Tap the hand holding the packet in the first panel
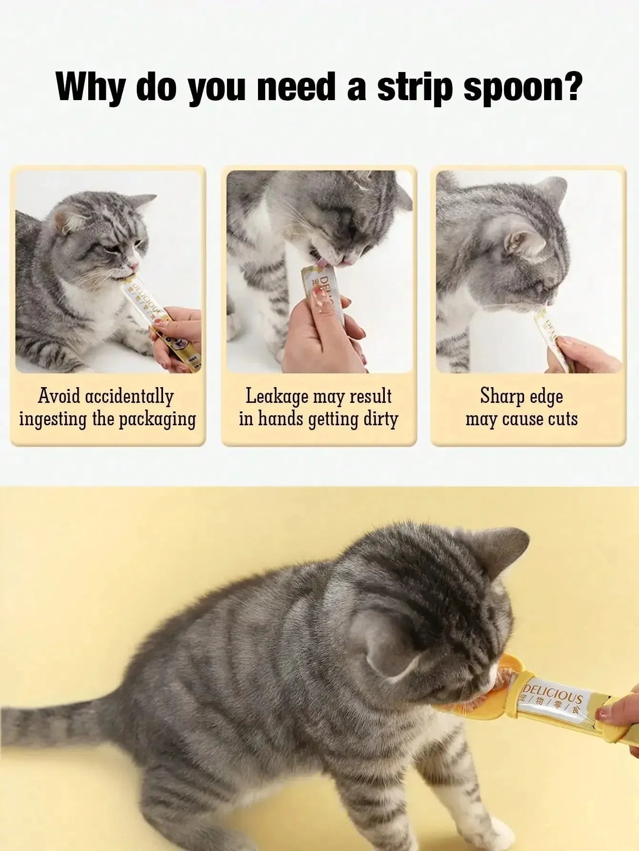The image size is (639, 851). coord(179,334)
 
